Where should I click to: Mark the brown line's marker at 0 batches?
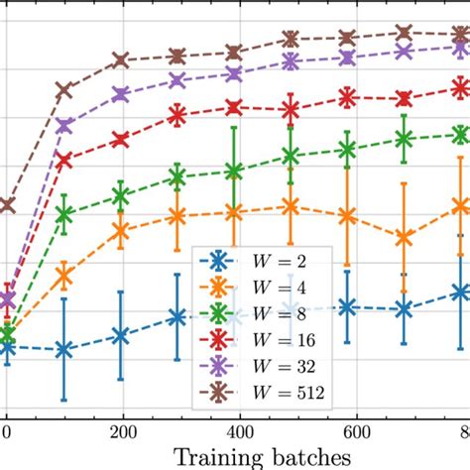click(7, 205)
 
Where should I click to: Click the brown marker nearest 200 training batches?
click(121, 60)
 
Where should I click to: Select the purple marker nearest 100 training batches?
click(64, 126)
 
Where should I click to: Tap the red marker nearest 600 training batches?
click(347, 97)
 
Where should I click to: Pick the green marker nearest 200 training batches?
click(121, 197)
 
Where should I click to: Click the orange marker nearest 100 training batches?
click(64, 276)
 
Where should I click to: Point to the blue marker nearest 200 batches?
click(121, 336)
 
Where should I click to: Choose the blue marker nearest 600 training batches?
click(347, 307)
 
